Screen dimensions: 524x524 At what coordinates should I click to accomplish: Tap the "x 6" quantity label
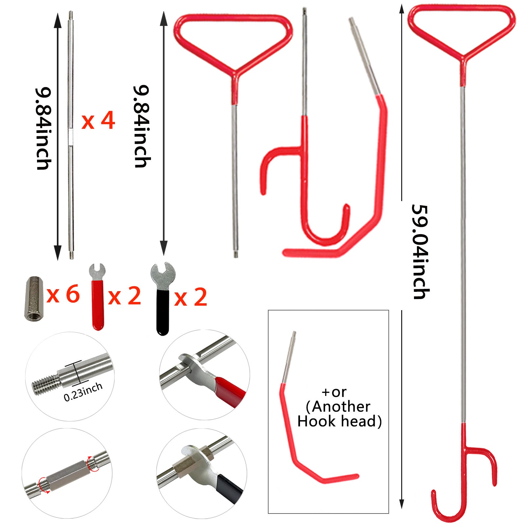(63, 294)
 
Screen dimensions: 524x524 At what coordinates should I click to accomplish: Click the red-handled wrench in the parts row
(97, 296)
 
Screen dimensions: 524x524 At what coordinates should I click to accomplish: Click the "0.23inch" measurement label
(83, 392)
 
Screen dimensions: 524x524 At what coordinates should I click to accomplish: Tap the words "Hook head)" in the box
(339, 421)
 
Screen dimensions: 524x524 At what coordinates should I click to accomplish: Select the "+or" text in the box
(334, 392)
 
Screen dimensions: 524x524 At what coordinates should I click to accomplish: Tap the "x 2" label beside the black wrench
(191, 297)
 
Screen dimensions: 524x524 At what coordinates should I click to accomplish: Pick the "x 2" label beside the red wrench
(124, 296)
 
